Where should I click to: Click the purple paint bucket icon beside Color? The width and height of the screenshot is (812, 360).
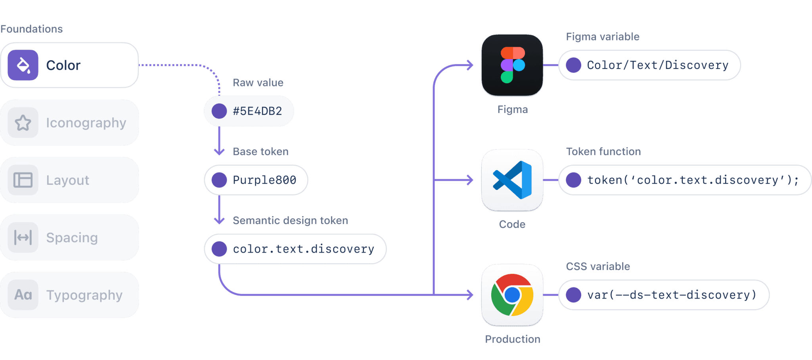coord(23,65)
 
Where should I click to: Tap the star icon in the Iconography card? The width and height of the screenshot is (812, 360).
coord(23,123)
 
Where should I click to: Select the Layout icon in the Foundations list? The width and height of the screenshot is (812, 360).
coord(23,180)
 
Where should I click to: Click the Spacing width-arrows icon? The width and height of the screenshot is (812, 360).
coord(23,237)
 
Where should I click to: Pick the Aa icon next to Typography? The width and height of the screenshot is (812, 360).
coord(23,295)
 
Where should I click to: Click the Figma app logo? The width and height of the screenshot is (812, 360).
coord(512,65)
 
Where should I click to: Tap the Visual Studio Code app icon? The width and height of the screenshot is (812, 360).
coord(512,180)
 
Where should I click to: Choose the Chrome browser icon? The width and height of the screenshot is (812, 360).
coord(512,295)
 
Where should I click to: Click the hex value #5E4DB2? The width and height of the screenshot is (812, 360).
coord(257,111)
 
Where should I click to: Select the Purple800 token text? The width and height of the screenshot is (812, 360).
coord(264,180)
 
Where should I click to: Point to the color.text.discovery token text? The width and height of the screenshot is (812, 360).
coord(303,249)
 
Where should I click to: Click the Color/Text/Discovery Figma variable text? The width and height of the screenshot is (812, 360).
coord(657,65)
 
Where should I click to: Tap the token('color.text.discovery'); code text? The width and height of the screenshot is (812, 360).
coord(693,180)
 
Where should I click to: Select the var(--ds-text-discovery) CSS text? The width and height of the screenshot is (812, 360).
coord(672,295)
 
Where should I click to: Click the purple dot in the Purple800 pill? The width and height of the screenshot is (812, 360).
coord(219,180)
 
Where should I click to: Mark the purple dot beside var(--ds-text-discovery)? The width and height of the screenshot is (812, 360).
coord(573,295)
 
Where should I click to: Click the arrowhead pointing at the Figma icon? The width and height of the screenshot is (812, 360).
coord(470,65)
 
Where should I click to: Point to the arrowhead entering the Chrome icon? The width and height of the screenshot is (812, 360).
coord(470,295)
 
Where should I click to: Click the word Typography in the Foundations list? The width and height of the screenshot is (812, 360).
coord(84,295)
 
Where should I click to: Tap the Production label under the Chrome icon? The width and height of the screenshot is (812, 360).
coord(513,339)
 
